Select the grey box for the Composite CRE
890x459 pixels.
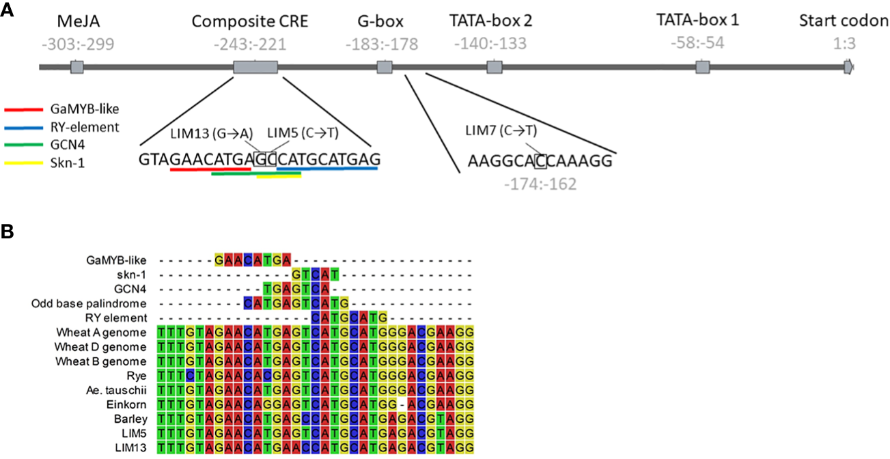[255, 67]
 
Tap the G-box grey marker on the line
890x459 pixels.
[385, 67]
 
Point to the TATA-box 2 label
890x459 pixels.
[490, 21]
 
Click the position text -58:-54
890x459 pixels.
[697, 44]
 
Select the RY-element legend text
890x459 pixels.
[85, 126]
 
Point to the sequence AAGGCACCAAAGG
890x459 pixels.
[540, 162]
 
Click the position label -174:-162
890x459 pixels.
[540, 184]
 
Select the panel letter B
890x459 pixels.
[8, 233]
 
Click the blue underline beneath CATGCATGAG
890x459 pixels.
[327, 168]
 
